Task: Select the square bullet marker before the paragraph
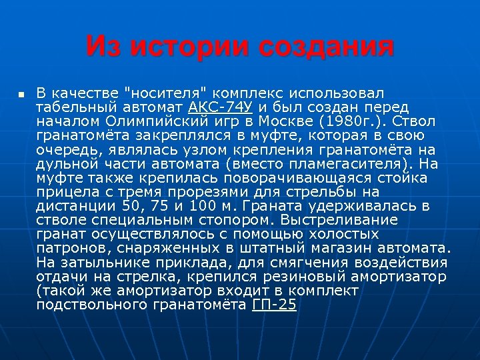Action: [x=22, y=94]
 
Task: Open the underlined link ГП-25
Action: [x=275, y=305]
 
